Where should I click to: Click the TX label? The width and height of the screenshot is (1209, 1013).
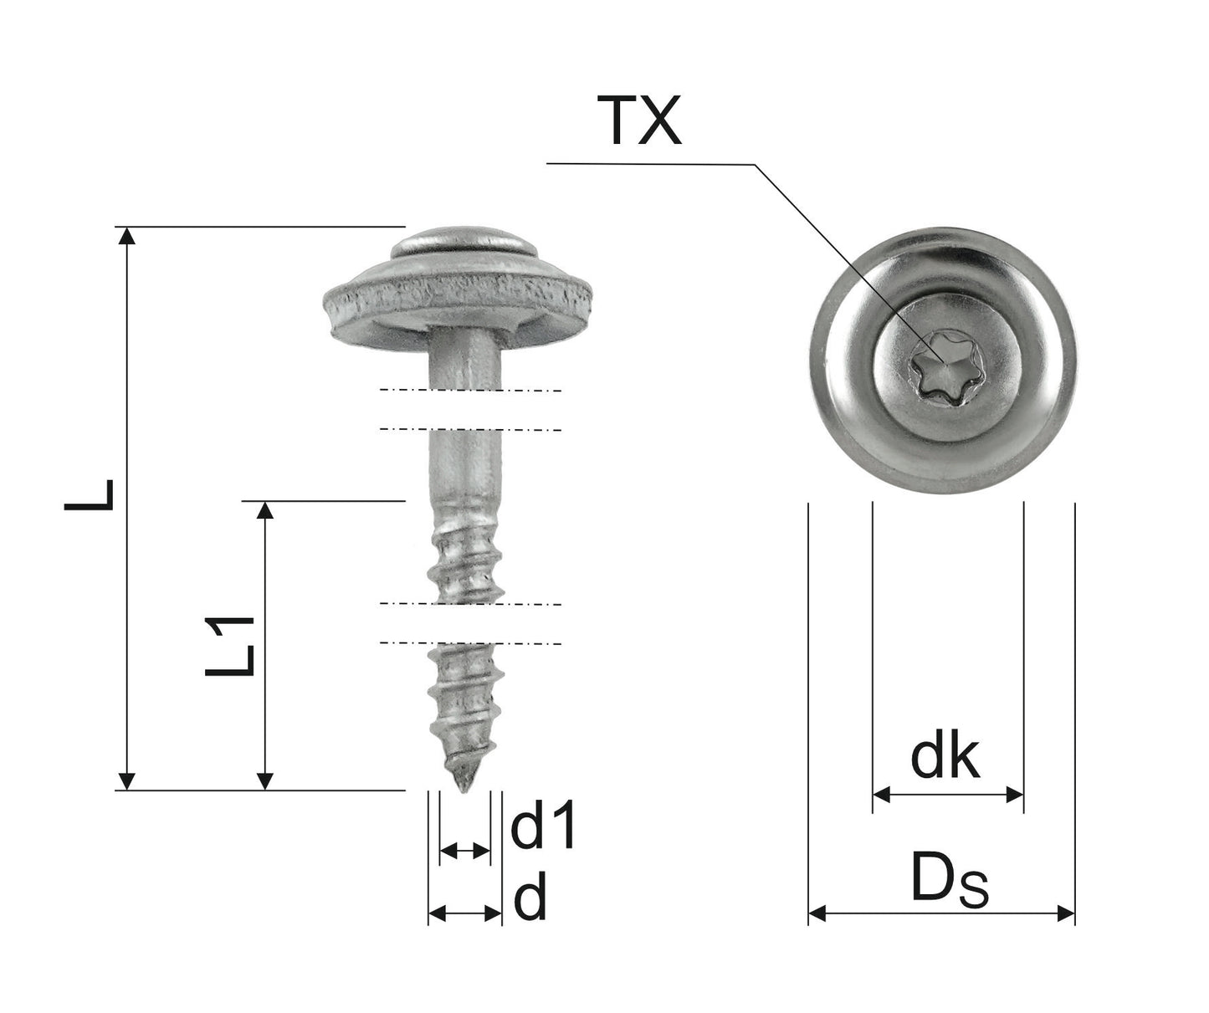(x=639, y=120)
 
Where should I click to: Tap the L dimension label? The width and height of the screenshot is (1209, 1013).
(x=90, y=494)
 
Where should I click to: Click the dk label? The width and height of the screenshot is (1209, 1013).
(x=945, y=758)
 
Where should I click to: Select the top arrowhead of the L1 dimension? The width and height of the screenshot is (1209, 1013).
(x=264, y=510)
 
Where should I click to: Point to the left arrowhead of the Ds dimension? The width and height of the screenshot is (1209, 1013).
(x=817, y=913)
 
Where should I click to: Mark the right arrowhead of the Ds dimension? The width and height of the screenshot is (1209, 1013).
(x=1066, y=913)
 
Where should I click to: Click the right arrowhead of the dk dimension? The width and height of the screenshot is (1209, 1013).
(x=1015, y=794)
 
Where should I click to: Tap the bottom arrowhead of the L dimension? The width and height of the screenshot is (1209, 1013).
(x=126, y=780)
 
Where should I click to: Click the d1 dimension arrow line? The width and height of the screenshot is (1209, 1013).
(x=464, y=852)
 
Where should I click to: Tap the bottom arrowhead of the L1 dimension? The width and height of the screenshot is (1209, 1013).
(x=264, y=780)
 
